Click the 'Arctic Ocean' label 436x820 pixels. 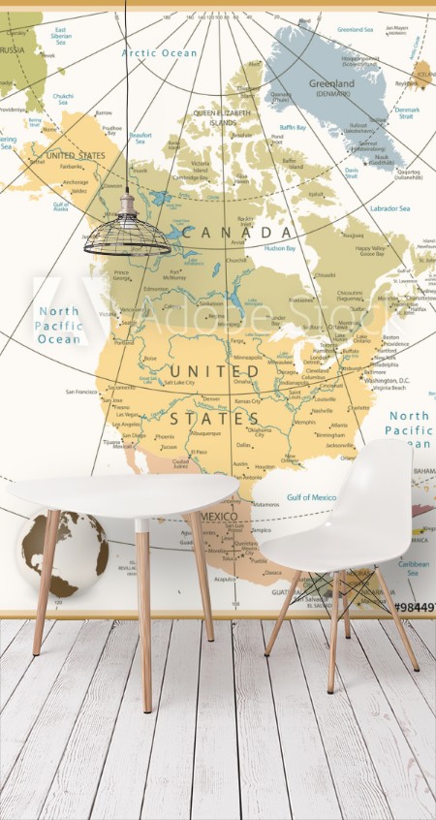159,52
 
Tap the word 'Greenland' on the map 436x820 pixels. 332,83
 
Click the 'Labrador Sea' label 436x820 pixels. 390,208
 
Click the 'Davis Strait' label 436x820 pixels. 351,173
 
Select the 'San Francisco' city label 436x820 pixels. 81,392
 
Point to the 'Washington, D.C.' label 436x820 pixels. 383,380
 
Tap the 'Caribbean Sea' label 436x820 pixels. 413,566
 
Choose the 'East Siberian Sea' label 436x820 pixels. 60,36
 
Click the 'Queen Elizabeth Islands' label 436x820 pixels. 214,116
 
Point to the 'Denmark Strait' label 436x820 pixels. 408,113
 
